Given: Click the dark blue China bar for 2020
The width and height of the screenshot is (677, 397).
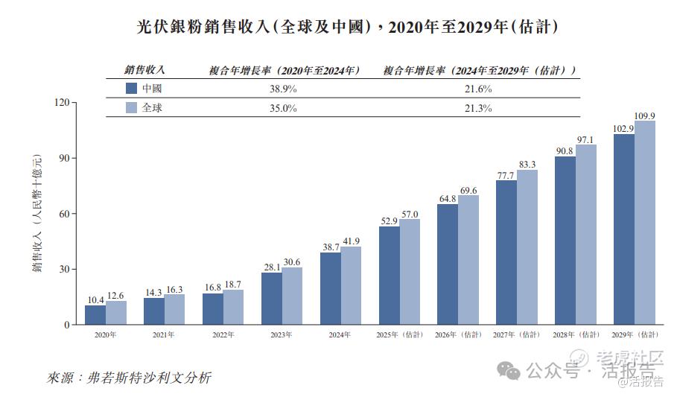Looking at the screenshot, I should pyautogui.click(x=95, y=315).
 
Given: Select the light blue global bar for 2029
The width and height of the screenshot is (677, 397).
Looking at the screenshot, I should pyautogui.click(x=645, y=223).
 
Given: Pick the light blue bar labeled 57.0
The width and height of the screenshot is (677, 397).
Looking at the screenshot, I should pyautogui.click(x=410, y=272).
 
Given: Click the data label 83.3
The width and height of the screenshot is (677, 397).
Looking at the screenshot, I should pyautogui.click(x=527, y=164).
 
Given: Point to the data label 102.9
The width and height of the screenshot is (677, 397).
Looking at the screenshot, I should pyautogui.click(x=623, y=128).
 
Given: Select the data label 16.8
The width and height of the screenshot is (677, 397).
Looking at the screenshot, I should pyautogui.click(x=213, y=287).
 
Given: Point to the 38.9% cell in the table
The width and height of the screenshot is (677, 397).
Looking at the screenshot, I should pyautogui.click(x=283, y=89).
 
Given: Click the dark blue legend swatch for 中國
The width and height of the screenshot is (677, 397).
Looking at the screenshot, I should pyautogui.click(x=131, y=89).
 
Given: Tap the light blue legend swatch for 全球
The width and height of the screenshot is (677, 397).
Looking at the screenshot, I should pyautogui.click(x=131, y=108).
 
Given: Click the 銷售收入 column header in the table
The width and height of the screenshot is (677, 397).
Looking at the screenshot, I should pyautogui.click(x=144, y=70).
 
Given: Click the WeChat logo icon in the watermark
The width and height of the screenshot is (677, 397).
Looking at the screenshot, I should pyautogui.click(x=511, y=369).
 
